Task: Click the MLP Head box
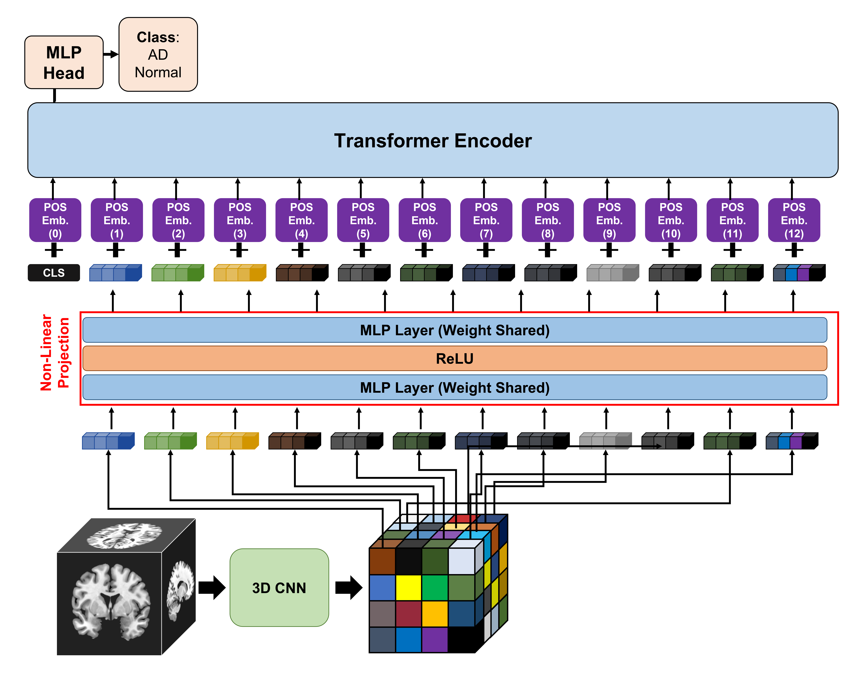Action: click(x=64, y=62)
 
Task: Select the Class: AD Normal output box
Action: click(x=158, y=54)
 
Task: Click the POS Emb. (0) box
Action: click(x=55, y=220)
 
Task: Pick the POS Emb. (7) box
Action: click(x=486, y=220)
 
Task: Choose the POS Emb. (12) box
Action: click(x=794, y=220)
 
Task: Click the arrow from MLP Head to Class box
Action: click(x=111, y=54)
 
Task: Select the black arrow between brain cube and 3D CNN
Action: click(x=212, y=587)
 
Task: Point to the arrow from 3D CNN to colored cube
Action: click(x=349, y=587)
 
